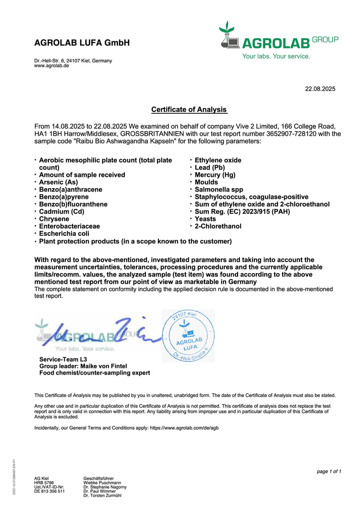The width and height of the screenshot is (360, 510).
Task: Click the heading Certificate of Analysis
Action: pos(189,109)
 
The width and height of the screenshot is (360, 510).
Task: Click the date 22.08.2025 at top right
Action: pos(320,89)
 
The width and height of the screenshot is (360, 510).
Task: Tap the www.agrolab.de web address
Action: pos(51,66)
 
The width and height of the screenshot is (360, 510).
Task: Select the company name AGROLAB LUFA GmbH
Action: pos(82,43)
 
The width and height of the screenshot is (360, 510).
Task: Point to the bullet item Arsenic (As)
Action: pos(58,182)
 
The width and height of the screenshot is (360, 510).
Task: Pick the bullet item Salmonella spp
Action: pos(219,190)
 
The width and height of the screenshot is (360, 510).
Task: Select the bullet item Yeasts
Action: pos(205,219)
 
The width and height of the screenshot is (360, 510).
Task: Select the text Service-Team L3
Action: pos(63,359)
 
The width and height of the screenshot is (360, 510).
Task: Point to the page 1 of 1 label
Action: pos(329,472)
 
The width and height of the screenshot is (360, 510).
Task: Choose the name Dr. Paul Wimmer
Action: pos(99,491)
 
